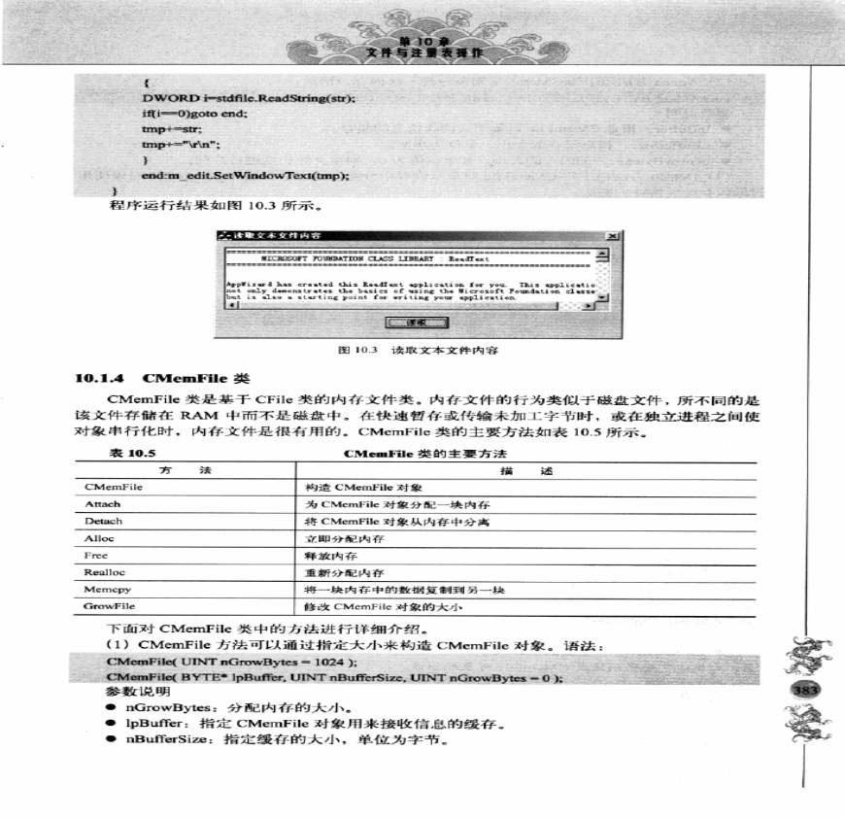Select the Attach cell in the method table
tap(102, 504)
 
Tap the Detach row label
tap(104, 522)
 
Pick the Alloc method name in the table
tap(100, 538)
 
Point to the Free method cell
tap(97, 556)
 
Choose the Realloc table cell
tap(102, 573)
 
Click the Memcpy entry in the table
tap(103, 590)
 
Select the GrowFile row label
tap(107, 606)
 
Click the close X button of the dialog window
tap(609, 236)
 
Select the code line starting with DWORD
tap(249, 98)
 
